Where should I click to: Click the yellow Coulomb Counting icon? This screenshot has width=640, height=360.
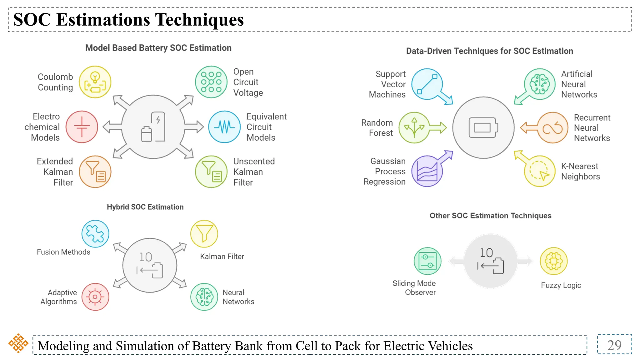tap(95, 82)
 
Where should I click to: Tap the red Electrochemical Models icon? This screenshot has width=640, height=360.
tap(82, 127)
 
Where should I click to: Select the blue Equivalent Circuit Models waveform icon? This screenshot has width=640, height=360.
tap(224, 127)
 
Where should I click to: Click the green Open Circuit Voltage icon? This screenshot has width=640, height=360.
tap(211, 82)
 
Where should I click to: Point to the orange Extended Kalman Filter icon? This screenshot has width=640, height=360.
tap(95, 172)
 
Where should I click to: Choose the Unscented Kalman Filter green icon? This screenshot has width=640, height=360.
tap(211, 172)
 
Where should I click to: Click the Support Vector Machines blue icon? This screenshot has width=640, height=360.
tap(427, 84)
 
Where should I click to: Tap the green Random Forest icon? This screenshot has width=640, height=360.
tap(414, 127)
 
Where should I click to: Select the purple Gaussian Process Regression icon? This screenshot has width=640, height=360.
tap(427, 171)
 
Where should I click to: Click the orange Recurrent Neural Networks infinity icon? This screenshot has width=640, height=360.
tap(552, 127)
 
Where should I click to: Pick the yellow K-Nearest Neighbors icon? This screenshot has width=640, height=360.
tap(540, 171)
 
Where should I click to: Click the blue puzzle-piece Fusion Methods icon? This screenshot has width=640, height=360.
tap(95, 234)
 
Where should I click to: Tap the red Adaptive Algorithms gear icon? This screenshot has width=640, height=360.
tap(95, 297)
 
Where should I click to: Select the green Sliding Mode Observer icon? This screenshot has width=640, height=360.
tap(427, 261)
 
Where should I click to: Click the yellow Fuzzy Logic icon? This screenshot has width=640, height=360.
tap(553, 261)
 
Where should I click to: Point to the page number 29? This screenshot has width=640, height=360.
tap(614, 345)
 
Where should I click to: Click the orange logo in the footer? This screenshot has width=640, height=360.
tap(18, 343)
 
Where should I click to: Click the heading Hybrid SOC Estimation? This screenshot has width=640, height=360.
tap(145, 207)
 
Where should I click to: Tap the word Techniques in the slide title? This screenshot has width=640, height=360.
tap(199, 20)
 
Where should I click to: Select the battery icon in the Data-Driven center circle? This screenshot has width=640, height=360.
tap(483, 127)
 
